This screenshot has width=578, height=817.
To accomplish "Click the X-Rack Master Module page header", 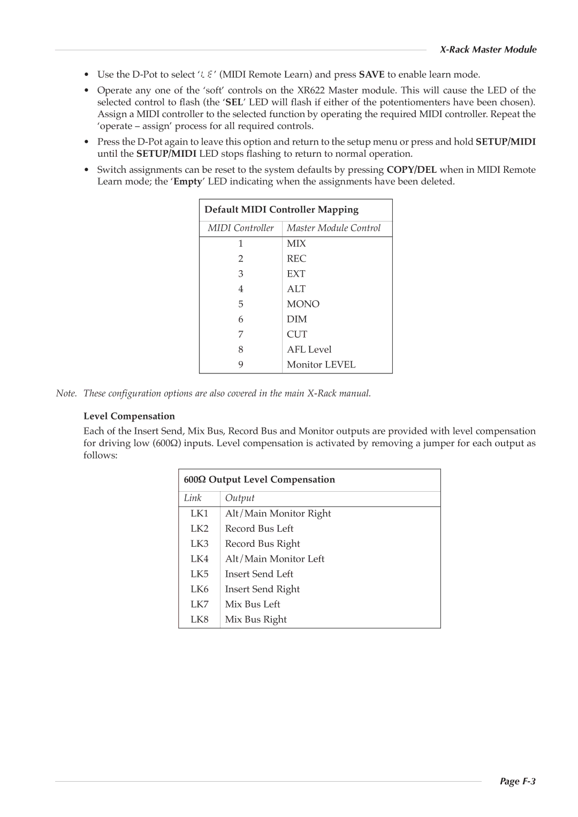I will point(488,50).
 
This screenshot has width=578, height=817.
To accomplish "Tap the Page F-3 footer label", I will point(518,781).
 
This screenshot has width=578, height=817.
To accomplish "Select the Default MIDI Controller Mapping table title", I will point(282,210).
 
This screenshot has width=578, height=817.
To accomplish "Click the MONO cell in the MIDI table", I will point(303,304).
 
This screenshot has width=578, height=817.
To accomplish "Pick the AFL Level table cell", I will point(309,349).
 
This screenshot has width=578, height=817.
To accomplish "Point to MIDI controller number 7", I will point(241,334).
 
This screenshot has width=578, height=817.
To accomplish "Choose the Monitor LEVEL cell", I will point(321,364).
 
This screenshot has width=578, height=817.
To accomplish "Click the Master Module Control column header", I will point(333,228).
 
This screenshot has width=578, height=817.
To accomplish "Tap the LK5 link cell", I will point(199,574).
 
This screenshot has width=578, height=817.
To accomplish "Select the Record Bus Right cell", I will point(262,544).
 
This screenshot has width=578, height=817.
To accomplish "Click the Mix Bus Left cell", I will point(253,604).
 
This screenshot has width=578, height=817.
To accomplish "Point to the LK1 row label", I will point(199,514).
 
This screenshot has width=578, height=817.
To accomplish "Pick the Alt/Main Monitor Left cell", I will point(275,559).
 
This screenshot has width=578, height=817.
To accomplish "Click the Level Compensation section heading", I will point(129,416).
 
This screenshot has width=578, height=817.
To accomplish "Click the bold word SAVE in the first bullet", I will point(371,74).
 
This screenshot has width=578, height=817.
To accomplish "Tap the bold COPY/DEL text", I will point(412,170).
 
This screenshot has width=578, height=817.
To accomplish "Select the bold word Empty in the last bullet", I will point(187,181).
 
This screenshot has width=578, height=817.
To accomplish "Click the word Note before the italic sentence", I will point(66,393).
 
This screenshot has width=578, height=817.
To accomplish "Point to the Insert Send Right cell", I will point(262,589).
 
